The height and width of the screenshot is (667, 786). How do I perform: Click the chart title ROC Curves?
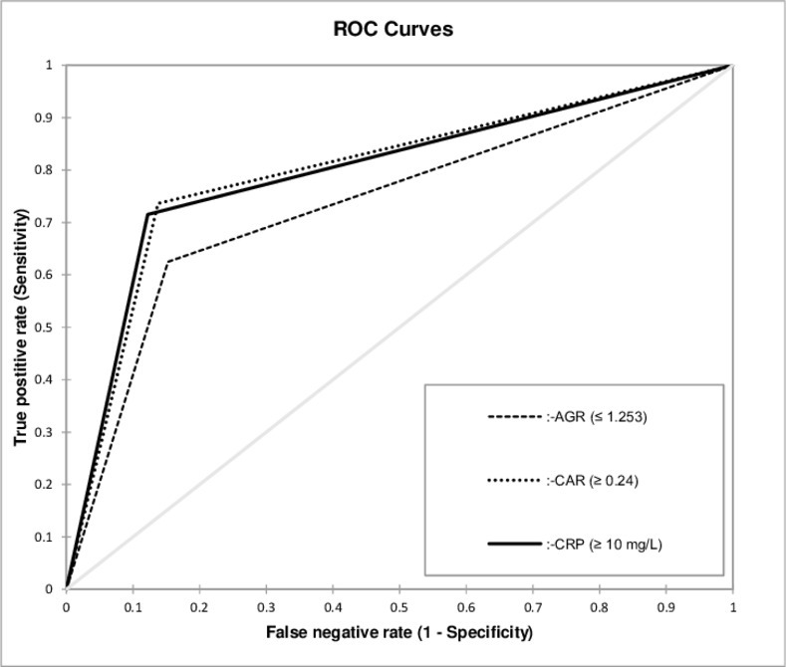[x=393, y=29]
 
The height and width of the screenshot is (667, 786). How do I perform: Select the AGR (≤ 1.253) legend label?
[x=597, y=416]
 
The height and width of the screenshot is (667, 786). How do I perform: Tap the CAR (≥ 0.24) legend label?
[x=593, y=481]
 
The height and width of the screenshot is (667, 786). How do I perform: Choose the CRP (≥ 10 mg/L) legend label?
[x=605, y=544]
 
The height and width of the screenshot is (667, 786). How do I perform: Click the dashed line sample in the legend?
[x=515, y=416]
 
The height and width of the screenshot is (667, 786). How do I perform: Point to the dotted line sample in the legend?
[x=515, y=481]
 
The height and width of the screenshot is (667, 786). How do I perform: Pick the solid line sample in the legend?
[x=515, y=544]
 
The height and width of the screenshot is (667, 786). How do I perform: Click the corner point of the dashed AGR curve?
[x=167, y=262]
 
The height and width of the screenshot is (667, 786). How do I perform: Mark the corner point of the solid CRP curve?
[x=147, y=214]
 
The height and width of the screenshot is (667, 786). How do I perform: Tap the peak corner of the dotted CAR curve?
[x=158, y=202]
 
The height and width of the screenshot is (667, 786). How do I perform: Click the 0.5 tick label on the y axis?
[x=43, y=327]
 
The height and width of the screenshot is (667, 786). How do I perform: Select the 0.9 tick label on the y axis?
[x=43, y=117]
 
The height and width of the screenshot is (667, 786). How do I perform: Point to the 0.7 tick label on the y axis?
[x=43, y=222]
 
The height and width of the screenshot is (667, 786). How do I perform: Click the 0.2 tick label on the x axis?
[x=199, y=607]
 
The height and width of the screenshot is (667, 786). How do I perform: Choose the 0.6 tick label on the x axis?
[x=466, y=607]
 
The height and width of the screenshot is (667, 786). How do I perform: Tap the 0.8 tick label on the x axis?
[x=600, y=607]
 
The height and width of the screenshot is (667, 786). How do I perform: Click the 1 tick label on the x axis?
[x=733, y=607]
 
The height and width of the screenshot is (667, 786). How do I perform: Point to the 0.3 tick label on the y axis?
[x=43, y=432]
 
